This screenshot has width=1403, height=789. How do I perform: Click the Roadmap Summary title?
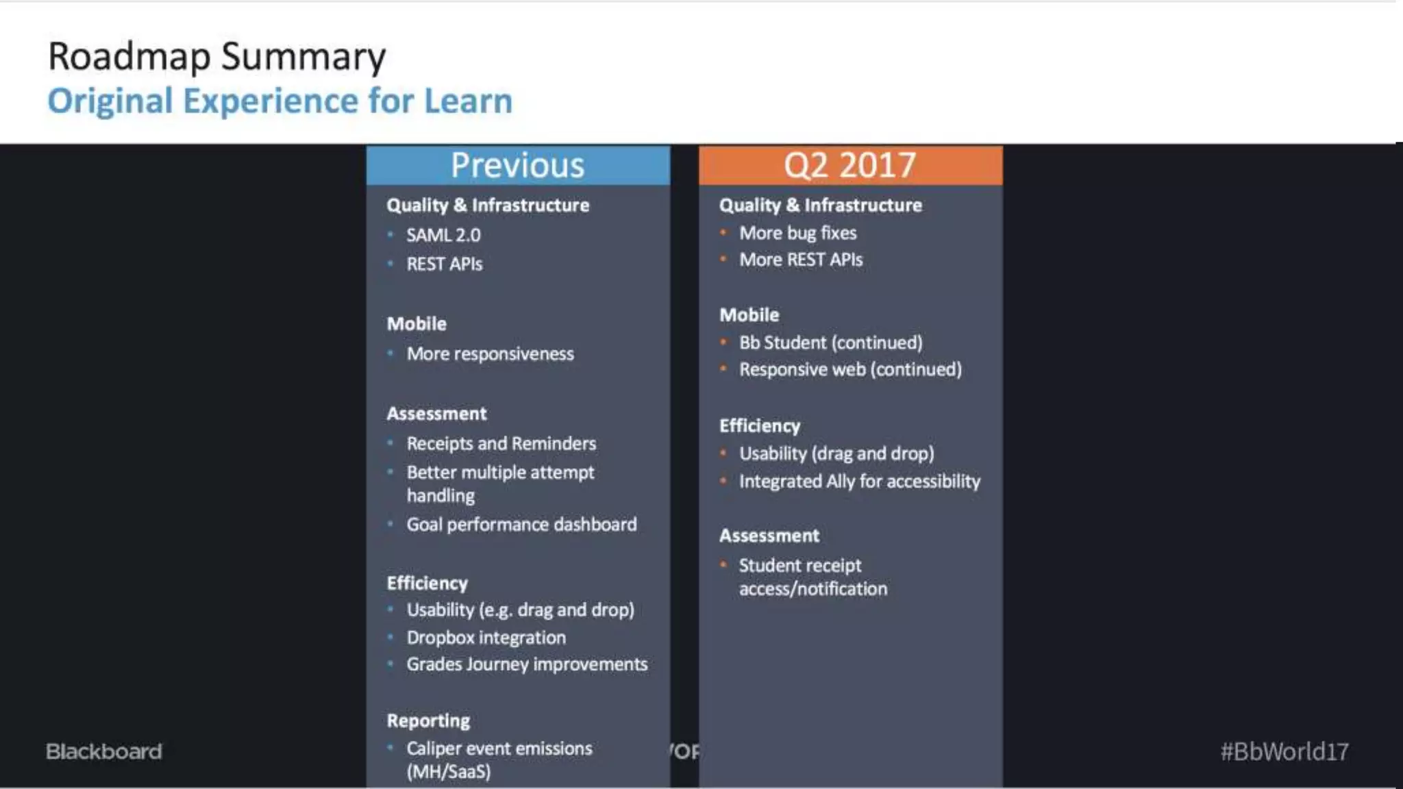click(x=216, y=57)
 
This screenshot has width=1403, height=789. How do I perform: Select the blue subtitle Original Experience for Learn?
click(x=280, y=101)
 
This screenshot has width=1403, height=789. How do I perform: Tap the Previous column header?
click(x=518, y=165)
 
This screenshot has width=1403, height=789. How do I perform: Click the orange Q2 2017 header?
click(x=850, y=165)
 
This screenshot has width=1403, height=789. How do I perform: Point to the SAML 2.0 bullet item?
click(x=443, y=236)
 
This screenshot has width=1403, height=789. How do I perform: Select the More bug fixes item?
click(x=797, y=234)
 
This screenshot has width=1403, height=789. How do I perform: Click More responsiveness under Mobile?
click(x=490, y=354)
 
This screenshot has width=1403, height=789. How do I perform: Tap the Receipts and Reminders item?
click(x=501, y=444)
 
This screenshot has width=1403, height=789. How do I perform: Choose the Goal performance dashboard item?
click(x=521, y=525)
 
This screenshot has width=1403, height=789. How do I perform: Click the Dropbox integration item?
click(x=486, y=638)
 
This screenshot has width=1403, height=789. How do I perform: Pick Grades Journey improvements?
click(x=526, y=664)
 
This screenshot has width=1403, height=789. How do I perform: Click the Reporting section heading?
click(x=428, y=721)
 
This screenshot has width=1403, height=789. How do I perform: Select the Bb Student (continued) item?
click(x=830, y=342)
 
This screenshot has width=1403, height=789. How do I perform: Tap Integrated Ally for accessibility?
click(x=859, y=481)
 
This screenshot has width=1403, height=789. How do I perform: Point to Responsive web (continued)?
click(x=850, y=370)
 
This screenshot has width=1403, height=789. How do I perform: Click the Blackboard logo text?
click(x=104, y=751)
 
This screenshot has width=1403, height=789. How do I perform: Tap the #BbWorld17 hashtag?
click(x=1284, y=751)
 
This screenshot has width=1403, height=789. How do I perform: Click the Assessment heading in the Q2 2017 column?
click(x=769, y=536)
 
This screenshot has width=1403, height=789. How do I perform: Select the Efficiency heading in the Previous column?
click(x=427, y=583)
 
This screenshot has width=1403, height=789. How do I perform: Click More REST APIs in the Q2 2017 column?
click(x=800, y=260)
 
